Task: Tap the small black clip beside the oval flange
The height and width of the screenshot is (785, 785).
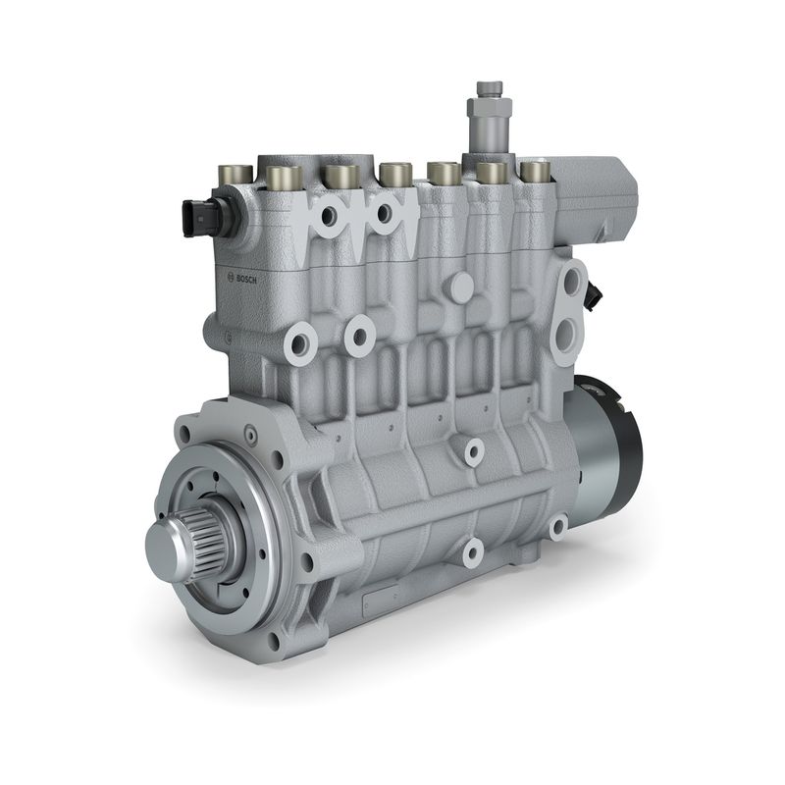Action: click(595, 291)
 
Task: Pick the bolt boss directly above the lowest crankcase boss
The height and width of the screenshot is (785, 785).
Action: click(475, 452)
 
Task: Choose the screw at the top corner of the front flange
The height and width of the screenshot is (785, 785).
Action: click(250, 430)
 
